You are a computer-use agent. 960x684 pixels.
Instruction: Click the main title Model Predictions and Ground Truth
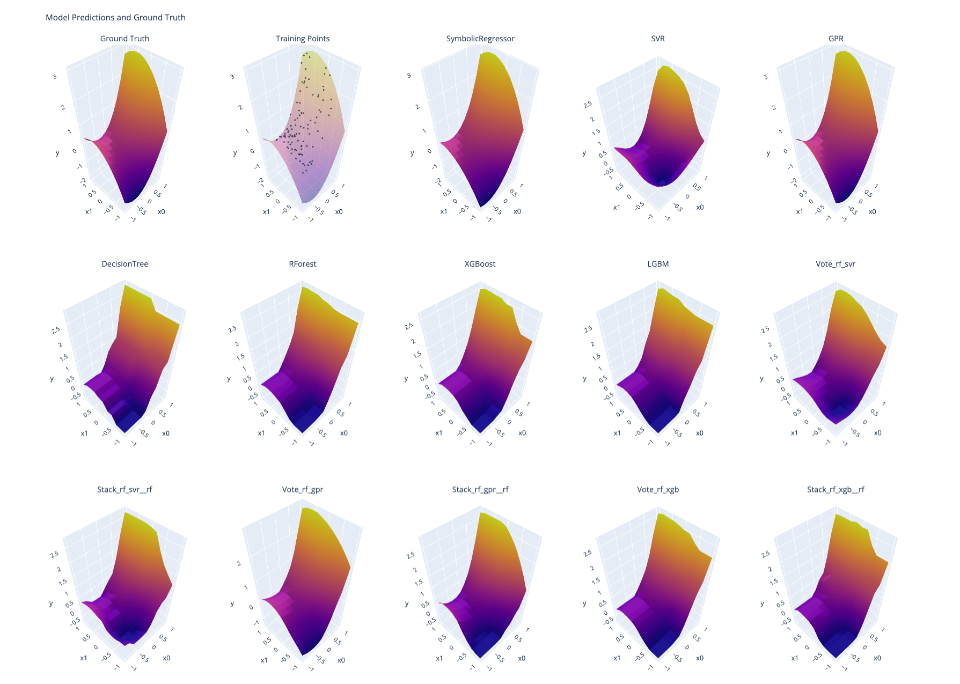click(115, 18)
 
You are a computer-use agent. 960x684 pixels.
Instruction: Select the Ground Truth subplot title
click(124, 39)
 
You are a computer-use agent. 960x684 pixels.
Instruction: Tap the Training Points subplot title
click(303, 39)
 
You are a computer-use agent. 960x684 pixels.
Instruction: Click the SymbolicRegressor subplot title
click(480, 39)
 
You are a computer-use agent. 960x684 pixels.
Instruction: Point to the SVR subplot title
click(658, 39)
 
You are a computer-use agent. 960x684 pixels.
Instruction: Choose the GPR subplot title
click(836, 39)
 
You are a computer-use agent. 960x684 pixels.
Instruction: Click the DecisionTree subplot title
click(124, 264)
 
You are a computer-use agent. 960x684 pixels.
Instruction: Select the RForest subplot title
click(303, 264)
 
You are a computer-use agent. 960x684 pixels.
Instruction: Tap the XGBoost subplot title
click(480, 264)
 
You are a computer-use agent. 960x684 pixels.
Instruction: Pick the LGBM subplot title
click(658, 264)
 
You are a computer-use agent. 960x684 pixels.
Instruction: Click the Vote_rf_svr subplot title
click(836, 264)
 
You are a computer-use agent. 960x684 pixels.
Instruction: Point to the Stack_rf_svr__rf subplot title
click(124, 489)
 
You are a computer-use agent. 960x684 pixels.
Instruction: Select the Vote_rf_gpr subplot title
click(303, 489)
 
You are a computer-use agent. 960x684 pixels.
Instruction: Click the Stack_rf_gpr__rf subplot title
click(480, 489)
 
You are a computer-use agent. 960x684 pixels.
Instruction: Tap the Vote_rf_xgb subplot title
click(658, 489)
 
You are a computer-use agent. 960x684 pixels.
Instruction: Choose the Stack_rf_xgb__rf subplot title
click(836, 489)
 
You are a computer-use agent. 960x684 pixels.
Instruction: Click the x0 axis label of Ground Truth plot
click(162, 212)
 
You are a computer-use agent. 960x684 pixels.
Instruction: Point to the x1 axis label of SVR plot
click(617, 208)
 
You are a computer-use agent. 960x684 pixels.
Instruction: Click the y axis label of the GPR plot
click(768, 153)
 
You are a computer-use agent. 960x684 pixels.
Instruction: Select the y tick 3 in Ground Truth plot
click(54, 77)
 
